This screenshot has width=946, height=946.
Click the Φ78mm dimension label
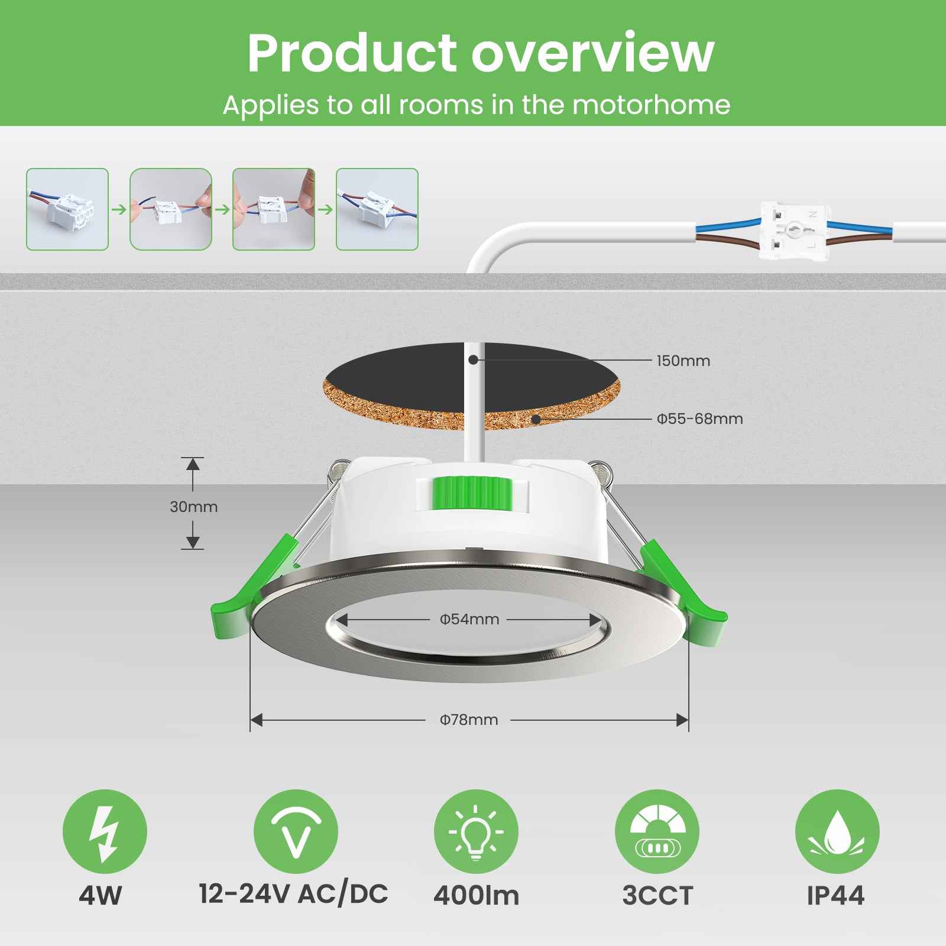pyautogui.click(x=469, y=720)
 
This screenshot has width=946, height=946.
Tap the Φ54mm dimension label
pyautogui.click(x=469, y=620)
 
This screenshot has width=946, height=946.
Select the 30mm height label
pyautogui.click(x=193, y=507)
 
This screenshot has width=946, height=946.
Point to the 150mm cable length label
pyautogui.click(x=683, y=361)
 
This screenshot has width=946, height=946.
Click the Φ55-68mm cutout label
pyautogui.click(x=699, y=419)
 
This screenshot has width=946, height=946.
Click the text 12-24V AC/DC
pyautogui.click(x=293, y=893)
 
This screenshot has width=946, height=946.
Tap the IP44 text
pyautogui.click(x=835, y=896)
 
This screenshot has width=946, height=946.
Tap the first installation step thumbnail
pyautogui.click(x=67, y=209)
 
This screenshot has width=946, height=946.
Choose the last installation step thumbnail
pyautogui.click(x=377, y=209)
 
